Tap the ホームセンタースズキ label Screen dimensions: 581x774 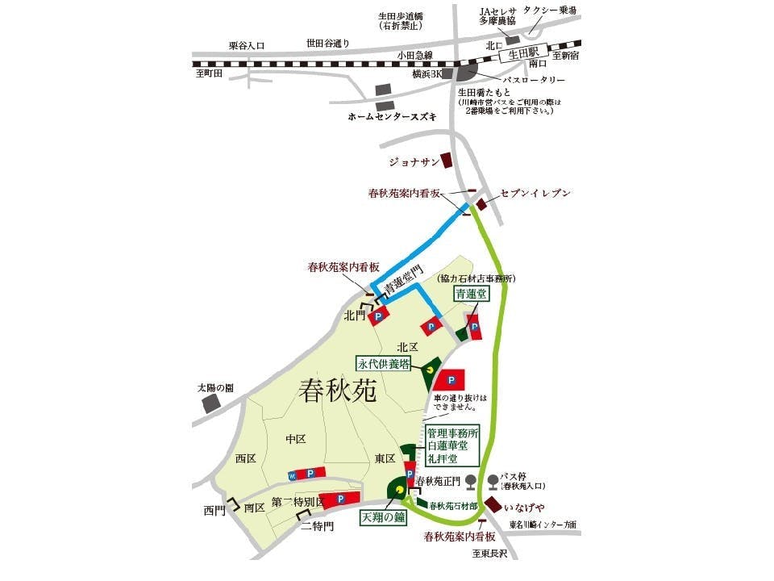coord(392,117)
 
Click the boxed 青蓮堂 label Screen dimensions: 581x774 coord(471,295)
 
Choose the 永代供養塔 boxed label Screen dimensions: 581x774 coord(385,364)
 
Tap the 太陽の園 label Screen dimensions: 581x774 coord(215,388)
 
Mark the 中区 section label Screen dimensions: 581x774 coord(296,439)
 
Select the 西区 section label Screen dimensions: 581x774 coord(245,458)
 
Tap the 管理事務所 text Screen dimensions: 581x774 coord(454,433)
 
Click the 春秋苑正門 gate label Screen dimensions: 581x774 coord(437,482)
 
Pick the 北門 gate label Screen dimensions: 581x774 coord(355,315)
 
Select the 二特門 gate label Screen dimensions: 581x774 coord(317,526)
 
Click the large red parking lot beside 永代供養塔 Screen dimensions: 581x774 coord(451,379)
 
